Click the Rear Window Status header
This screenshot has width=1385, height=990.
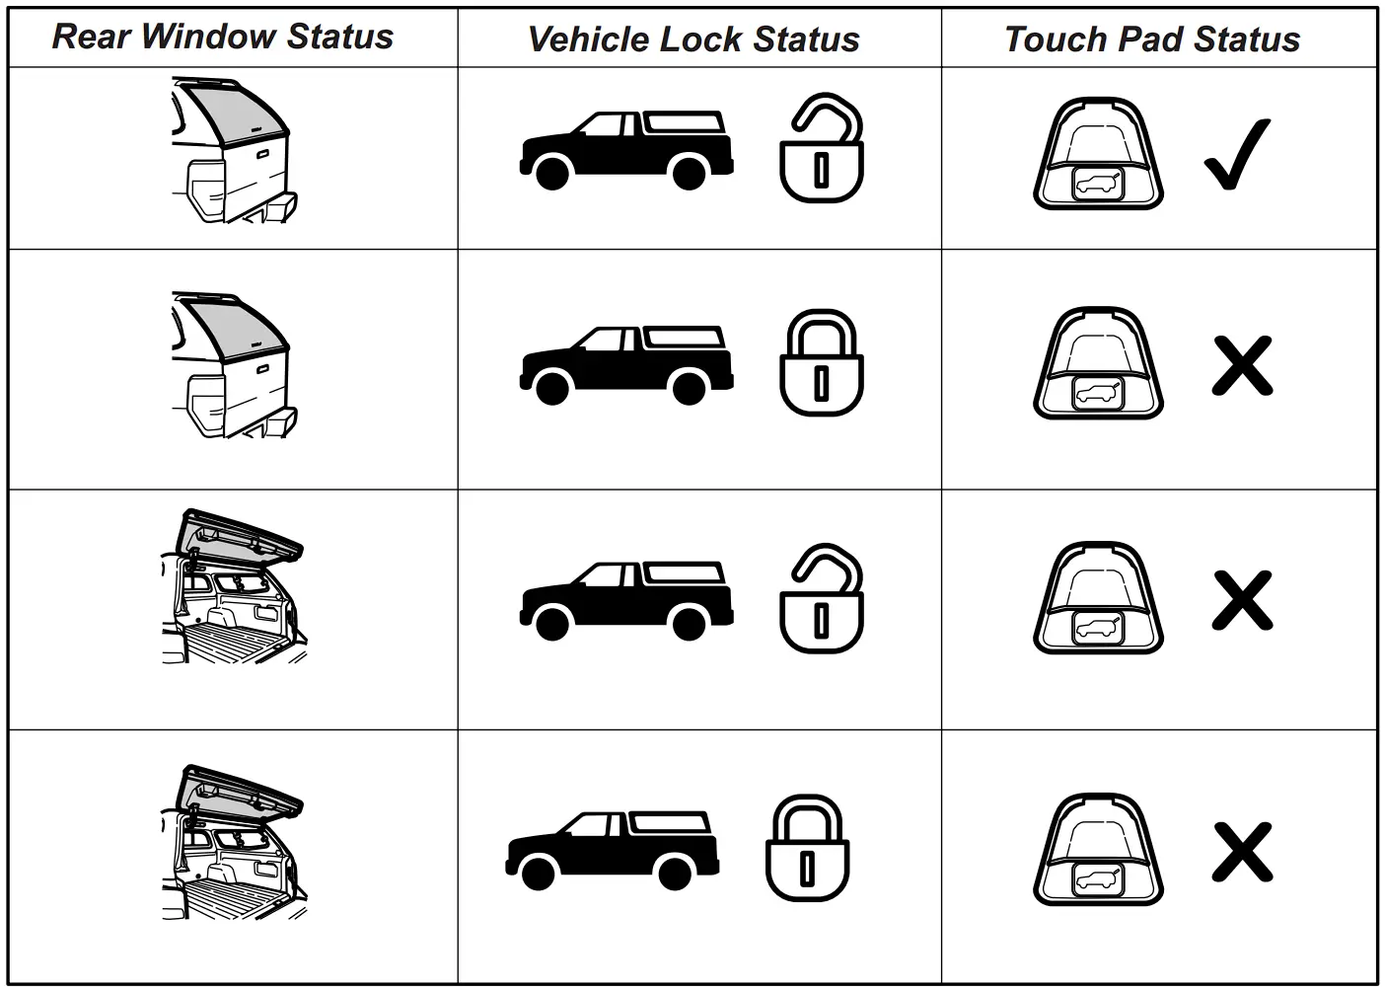[223, 37]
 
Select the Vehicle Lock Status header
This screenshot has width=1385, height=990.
[693, 39]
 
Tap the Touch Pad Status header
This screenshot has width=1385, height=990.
[1152, 39]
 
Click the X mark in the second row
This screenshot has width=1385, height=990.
[1242, 365]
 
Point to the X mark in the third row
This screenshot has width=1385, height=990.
[1242, 599]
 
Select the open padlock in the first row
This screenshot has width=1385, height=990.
[822, 150]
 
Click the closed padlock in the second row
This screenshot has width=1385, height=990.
[822, 363]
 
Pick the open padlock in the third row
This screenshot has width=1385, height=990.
[822, 599]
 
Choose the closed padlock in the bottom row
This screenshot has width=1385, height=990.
[808, 849]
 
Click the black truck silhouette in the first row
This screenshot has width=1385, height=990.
[626, 149]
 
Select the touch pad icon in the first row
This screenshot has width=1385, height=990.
[1098, 154]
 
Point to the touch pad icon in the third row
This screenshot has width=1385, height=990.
[1098, 599]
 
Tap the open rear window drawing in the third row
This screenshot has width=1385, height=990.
[233, 586]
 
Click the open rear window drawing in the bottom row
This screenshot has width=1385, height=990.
[233, 843]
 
